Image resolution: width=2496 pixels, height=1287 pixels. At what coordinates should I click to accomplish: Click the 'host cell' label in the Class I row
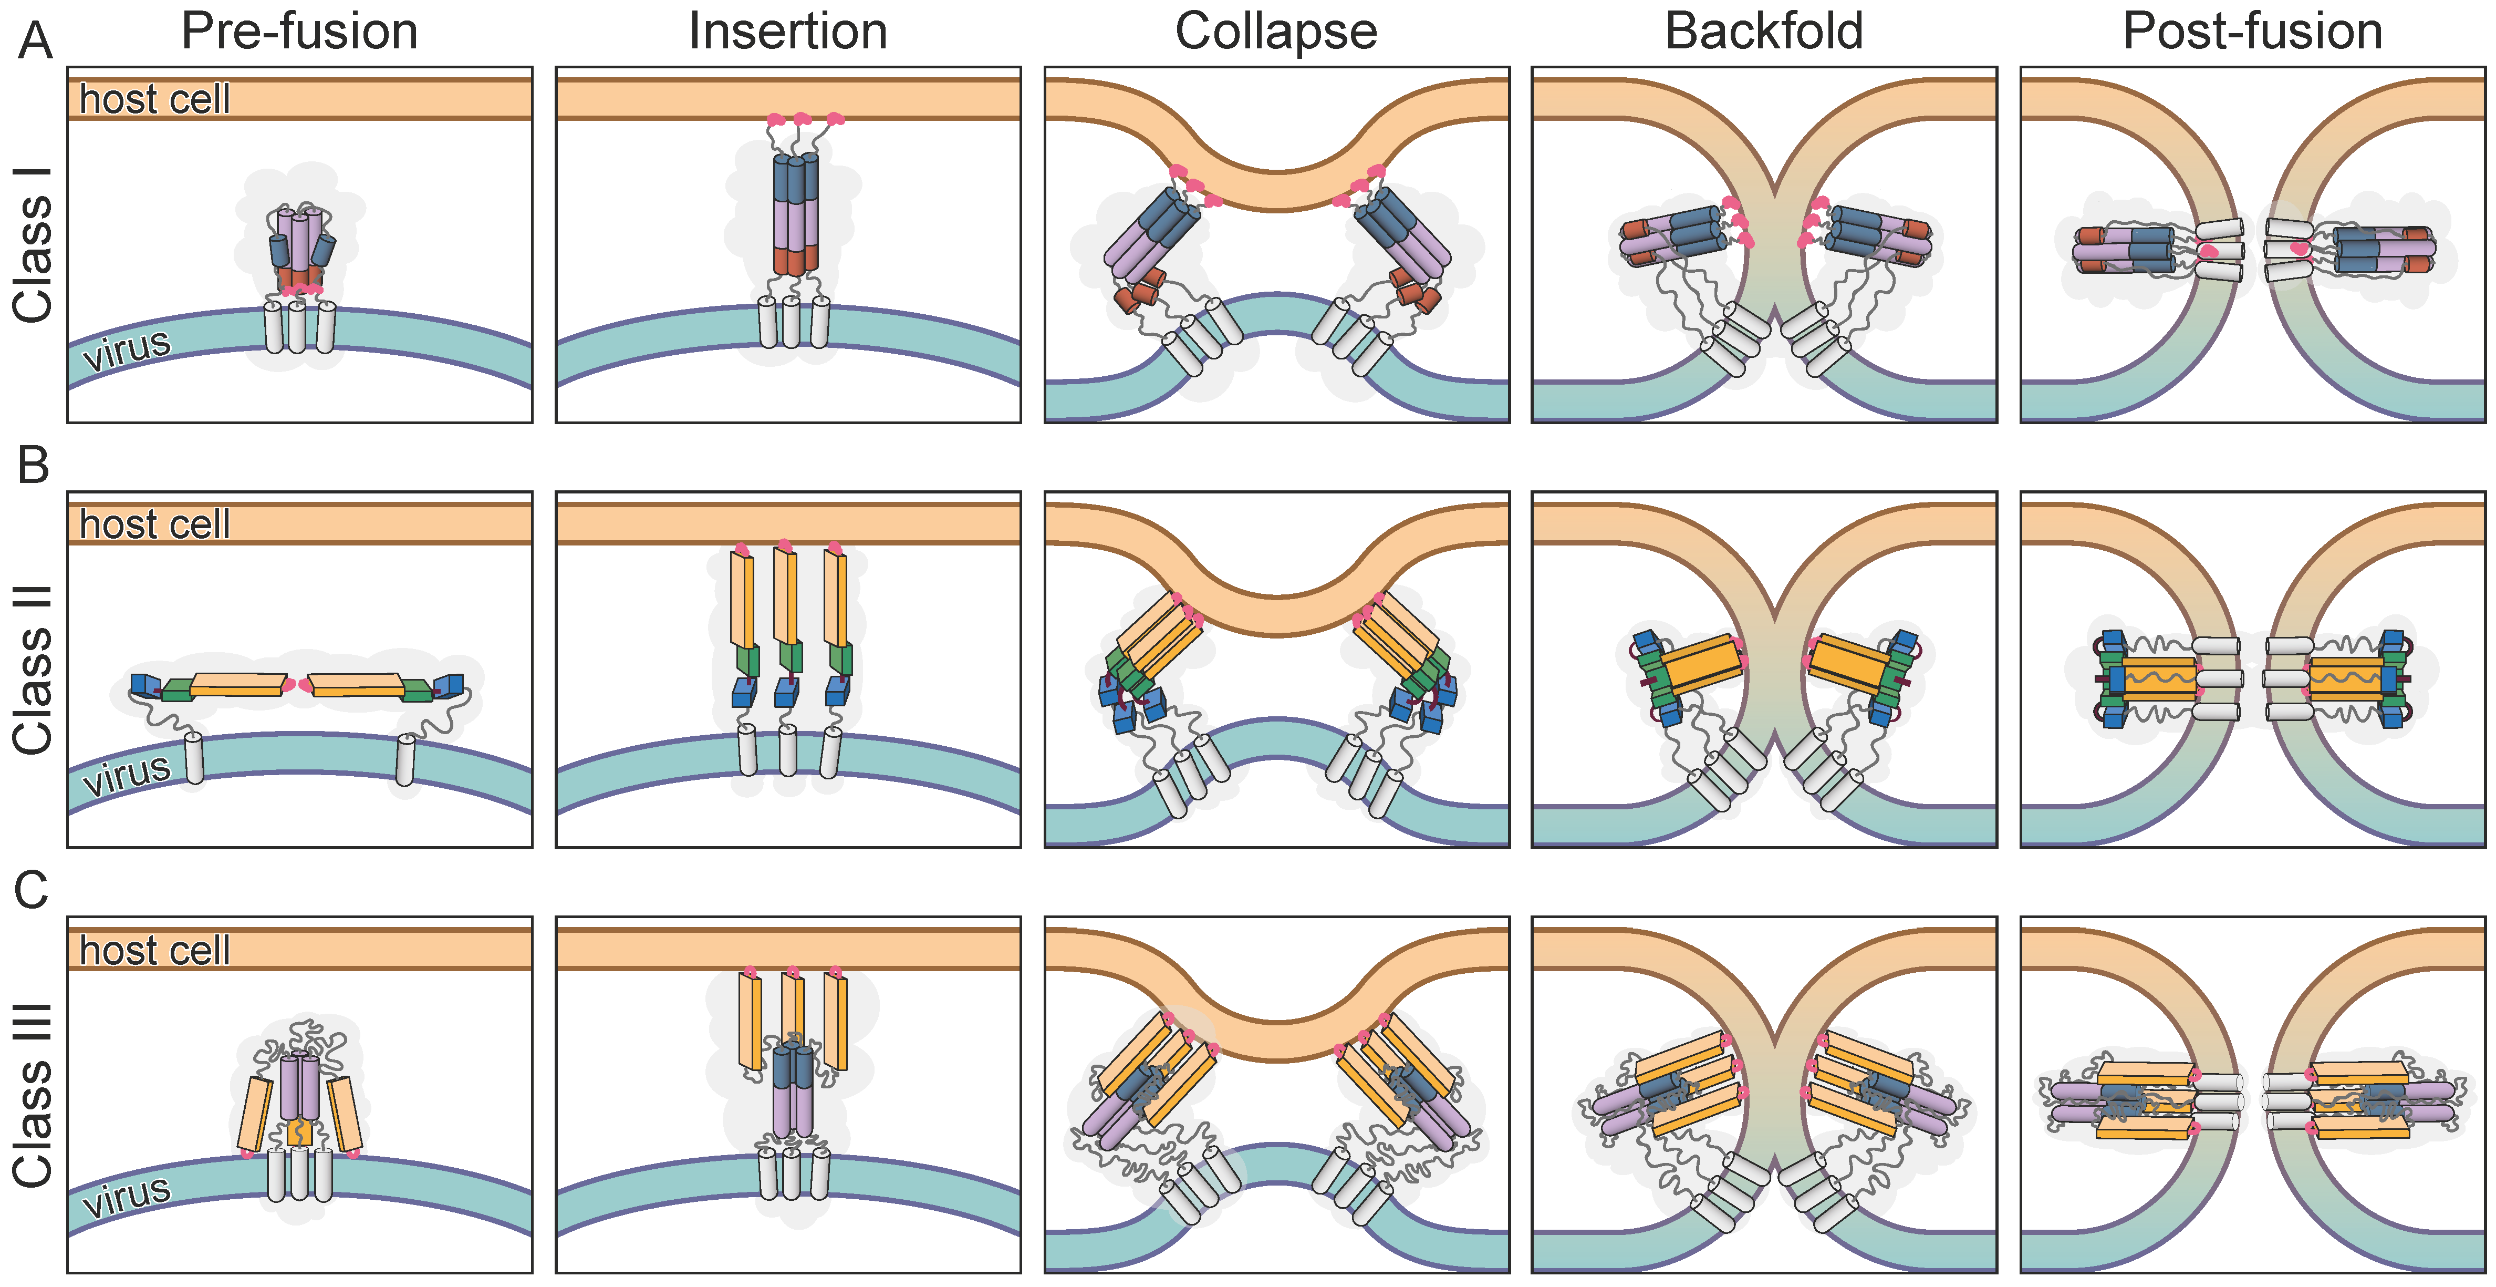[155, 99]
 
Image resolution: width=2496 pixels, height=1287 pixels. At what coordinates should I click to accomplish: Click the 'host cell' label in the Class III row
[155, 950]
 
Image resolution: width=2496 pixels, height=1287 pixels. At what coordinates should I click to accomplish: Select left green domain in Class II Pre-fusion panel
[178, 690]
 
